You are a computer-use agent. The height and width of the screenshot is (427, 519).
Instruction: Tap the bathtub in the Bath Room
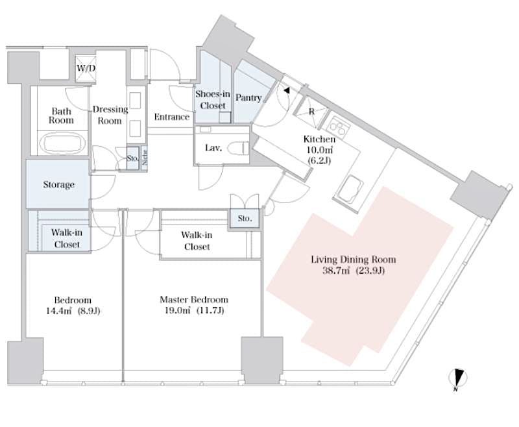point(62,142)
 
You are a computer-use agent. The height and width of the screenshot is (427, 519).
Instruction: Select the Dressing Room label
point(110,115)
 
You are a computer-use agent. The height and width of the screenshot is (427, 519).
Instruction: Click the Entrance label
point(172,117)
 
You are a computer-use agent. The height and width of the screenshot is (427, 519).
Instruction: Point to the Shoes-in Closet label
point(213,100)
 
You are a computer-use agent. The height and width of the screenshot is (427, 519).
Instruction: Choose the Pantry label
point(248,99)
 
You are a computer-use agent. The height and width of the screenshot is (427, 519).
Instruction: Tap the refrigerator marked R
point(310,112)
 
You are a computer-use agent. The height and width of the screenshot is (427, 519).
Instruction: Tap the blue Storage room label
point(58,185)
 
